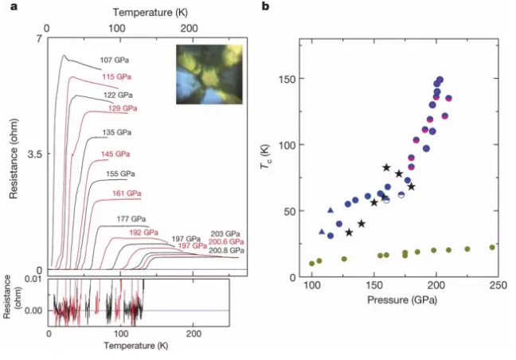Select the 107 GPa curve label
[x=115, y=60]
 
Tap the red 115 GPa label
[x=117, y=76]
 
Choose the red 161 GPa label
[x=127, y=194]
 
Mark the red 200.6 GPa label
[x=227, y=241]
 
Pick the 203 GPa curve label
[x=225, y=233]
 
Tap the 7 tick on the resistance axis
[x=37, y=37]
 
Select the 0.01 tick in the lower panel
[x=33, y=278]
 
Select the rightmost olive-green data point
[x=491, y=247]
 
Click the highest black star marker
[x=387, y=168]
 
